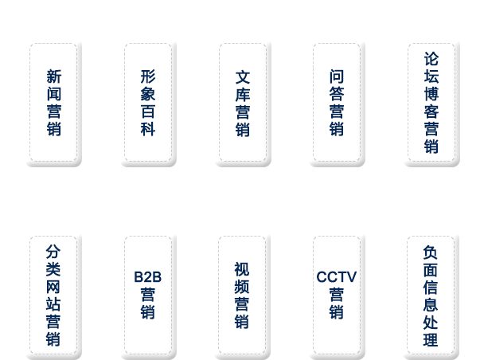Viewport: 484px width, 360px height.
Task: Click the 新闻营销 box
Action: point(53,104)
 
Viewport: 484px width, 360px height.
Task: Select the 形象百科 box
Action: point(148,104)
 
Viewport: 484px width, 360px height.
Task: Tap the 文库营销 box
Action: point(243,104)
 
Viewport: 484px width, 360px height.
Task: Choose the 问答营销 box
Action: point(337,104)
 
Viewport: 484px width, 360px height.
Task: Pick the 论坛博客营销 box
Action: point(431,104)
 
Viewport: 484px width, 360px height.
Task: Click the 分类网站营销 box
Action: point(53,295)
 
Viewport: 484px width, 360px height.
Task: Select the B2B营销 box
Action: point(148,295)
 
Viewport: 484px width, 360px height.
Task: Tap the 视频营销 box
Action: point(242,295)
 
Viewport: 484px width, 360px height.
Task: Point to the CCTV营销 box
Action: point(337,295)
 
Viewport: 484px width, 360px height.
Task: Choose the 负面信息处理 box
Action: point(431,295)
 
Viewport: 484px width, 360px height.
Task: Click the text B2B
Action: point(148,277)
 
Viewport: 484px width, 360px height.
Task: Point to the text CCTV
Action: point(337,277)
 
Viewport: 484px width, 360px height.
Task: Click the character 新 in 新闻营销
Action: point(53,77)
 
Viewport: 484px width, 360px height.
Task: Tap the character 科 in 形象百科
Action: point(148,130)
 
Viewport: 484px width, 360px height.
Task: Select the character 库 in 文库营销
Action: point(243,95)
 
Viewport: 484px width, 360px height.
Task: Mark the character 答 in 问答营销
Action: point(337,95)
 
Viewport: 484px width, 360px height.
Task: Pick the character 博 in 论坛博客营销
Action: point(431,95)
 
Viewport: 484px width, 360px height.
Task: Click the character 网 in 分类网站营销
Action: point(53,287)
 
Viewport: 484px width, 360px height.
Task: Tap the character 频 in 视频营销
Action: point(242,287)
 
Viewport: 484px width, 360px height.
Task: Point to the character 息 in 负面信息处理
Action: point(431,305)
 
